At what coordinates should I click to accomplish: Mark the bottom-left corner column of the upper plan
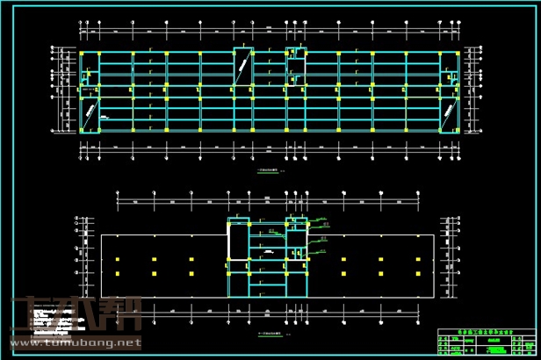coord(81,131)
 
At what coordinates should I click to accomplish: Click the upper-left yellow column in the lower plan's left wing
coord(117,260)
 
